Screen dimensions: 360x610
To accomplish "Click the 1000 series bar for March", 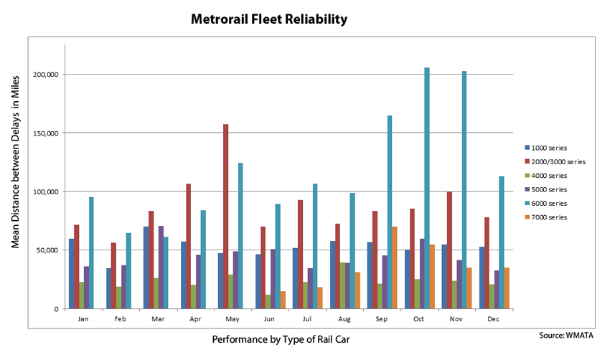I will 146,267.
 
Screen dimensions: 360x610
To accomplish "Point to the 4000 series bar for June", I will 268,302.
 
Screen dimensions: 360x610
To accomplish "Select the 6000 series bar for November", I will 464,190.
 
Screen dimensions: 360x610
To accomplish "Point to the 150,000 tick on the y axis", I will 48,133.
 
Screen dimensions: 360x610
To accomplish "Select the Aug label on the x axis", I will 345,318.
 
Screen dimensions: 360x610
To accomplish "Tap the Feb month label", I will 122,318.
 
